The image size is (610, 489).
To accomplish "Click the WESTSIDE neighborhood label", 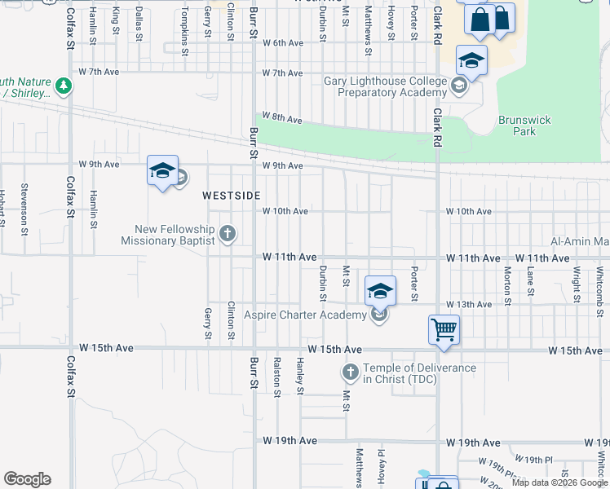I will [x=232, y=196].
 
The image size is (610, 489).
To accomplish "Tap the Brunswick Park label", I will [x=524, y=126].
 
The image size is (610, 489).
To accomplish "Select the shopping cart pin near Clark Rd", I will [x=444, y=331].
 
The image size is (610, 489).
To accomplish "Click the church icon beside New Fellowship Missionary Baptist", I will [x=228, y=235].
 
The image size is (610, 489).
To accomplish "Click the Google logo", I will [x=27, y=479].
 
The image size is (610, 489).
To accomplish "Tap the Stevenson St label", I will [x=24, y=203].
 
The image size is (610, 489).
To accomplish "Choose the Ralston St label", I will [x=277, y=377].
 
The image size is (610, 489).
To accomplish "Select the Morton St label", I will [x=507, y=281].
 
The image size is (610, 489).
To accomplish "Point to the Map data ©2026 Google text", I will [x=559, y=482].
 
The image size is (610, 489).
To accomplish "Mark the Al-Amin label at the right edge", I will [x=580, y=241].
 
